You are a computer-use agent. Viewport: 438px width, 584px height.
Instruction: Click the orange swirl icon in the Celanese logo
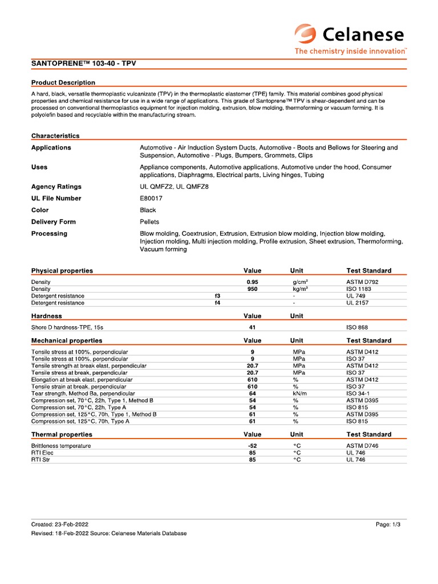click(306, 34)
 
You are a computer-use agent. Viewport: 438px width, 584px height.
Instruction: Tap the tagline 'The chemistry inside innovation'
click(350, 51)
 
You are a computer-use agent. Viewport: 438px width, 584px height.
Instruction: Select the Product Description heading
click(63, 83)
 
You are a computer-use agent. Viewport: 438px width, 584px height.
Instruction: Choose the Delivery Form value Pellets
click(149, 222)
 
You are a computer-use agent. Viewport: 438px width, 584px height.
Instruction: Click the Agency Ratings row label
click(56, 186)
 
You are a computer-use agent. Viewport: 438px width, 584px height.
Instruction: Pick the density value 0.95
click(252, 282)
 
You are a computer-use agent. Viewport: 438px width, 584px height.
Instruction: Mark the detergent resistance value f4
click(217, 303)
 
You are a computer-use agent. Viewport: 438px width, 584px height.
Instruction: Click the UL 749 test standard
click(357, 296)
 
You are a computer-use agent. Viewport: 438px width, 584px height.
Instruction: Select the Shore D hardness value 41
click(252, 327)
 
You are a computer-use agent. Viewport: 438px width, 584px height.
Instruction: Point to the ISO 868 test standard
click(357, 327)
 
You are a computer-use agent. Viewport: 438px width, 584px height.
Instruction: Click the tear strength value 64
click(252, 394)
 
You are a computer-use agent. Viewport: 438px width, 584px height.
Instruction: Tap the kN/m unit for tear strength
click(299, 394)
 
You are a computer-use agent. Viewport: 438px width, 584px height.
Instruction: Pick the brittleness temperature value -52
click(252, 446)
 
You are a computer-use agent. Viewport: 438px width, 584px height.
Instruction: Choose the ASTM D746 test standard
click(362, 446)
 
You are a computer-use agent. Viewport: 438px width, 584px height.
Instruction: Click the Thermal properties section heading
click(61, 435)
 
